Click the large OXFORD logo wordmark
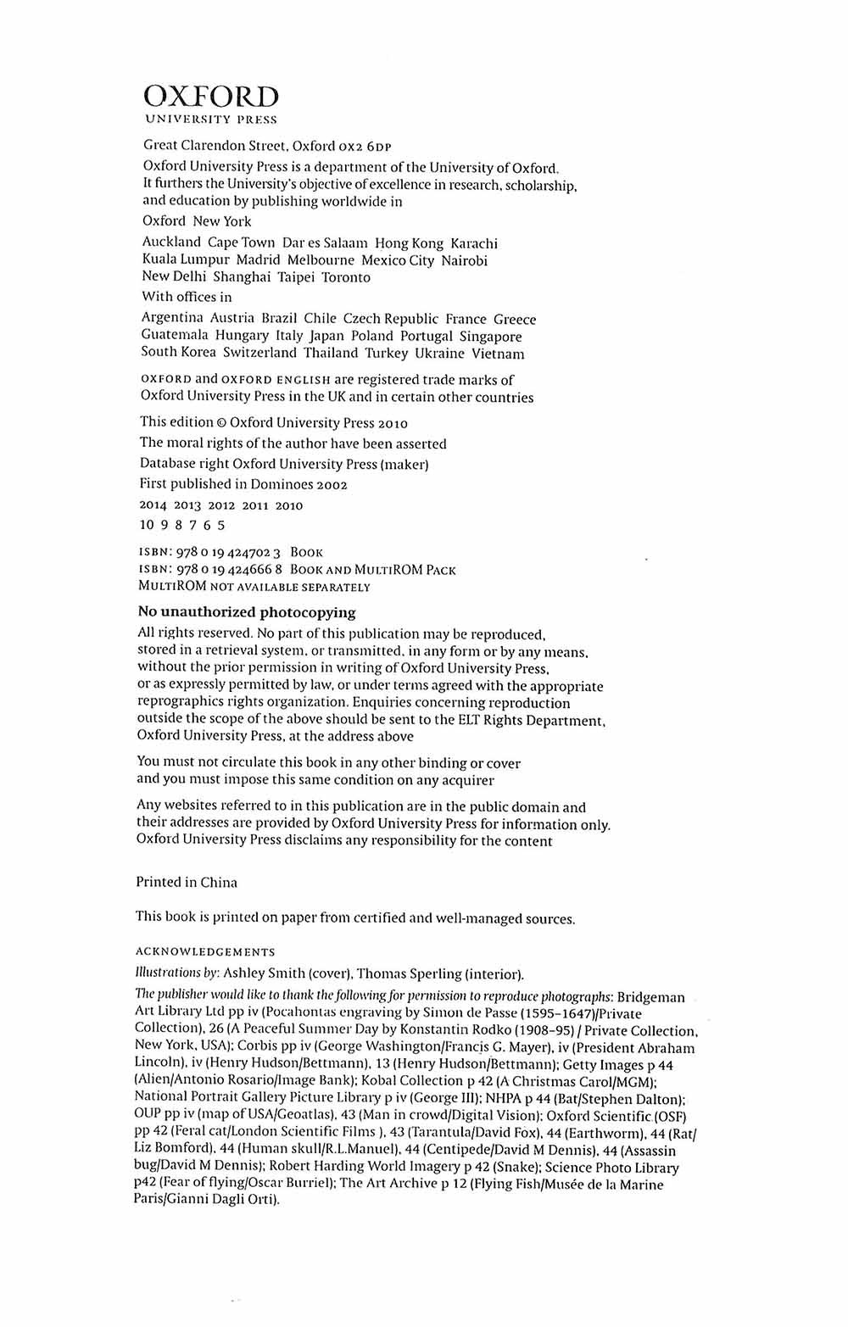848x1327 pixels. (x=210, y=97)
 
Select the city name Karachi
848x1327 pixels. (x=474, y=243)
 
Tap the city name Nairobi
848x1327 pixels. (x=464, y=260)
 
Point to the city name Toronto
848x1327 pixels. (x=346, y=277)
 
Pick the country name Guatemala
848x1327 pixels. (x=173, y=336)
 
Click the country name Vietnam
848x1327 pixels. (x=498, y=354)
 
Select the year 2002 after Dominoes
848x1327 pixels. (x=332, y=485)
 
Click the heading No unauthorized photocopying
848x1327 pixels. (x=247, y=612)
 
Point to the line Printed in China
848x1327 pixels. (x=187, y=882)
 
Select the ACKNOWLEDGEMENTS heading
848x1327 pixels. (x=205, y=952)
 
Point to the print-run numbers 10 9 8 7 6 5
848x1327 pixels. (x=182, y=525)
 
